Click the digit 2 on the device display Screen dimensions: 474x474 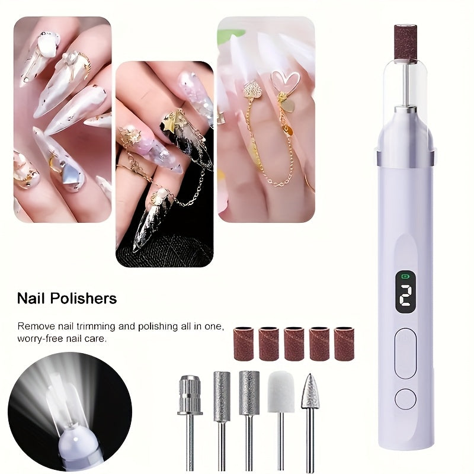(405, 296)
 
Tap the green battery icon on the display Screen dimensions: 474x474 (405, 276)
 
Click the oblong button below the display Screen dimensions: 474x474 (405, 354)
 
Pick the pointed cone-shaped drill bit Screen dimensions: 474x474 (309, 391)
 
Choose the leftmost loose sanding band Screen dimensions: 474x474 (244, 344)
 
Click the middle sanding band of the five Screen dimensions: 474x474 (293, 344)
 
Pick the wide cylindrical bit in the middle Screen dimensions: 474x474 (249, 392)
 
